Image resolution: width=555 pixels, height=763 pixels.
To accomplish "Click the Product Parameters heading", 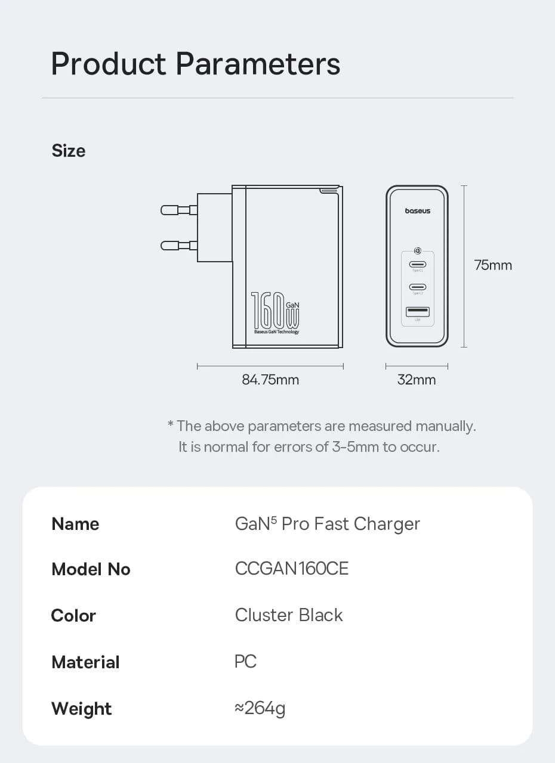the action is coord(196,64).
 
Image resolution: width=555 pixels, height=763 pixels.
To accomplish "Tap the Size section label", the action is coord(69,151).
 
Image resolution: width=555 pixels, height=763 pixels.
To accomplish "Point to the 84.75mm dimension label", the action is coord(270,380).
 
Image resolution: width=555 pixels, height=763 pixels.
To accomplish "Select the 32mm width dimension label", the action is coord(417,380).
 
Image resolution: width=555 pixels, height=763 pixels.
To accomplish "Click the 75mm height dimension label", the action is coord(493,265).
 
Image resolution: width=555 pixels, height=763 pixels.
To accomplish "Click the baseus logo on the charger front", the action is coord(417,211).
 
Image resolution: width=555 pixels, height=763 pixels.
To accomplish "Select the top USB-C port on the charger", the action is coord(417,264).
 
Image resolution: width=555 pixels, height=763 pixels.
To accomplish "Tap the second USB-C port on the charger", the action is coord(417,287).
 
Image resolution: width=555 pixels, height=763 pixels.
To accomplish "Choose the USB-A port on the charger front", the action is coord(417,311).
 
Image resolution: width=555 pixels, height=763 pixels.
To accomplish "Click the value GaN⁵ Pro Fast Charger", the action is coord(328,524).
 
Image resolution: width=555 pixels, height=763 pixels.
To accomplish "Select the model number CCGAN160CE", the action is coord(292,569).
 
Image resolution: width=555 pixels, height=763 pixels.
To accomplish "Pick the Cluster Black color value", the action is coord(289,615).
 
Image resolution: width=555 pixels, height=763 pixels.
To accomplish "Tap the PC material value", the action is coord(246,661).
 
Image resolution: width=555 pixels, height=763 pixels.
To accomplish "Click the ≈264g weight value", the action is coord(260,708).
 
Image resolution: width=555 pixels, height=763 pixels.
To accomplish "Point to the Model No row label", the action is coord(91,569).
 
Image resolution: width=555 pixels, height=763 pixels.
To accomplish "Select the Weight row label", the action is coord(82,709).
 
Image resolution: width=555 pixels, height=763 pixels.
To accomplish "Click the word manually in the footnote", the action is coord(445,426).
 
